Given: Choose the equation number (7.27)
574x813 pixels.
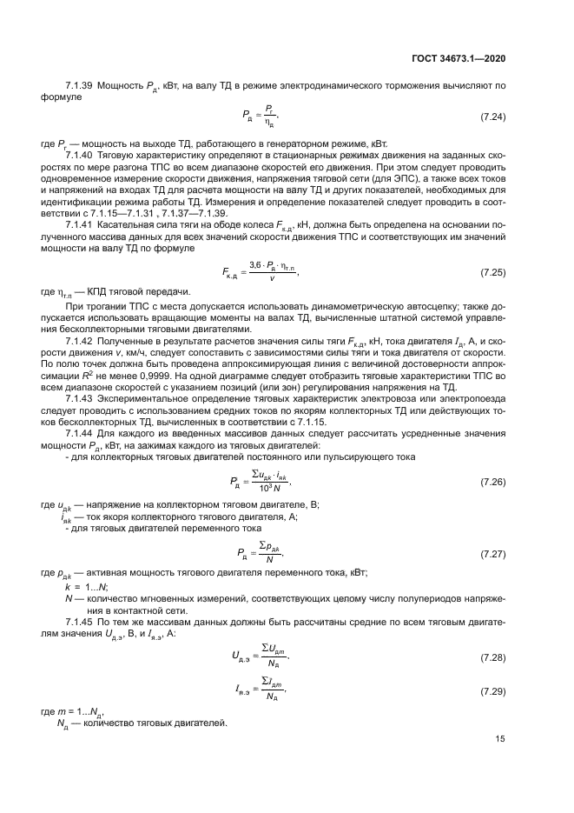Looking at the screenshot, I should click(493, 553).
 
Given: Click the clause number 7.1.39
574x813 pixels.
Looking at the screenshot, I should click(81, 85).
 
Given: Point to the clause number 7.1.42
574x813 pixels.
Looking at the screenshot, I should click(81, 342).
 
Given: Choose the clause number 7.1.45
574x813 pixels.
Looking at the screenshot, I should click(81, 610).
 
